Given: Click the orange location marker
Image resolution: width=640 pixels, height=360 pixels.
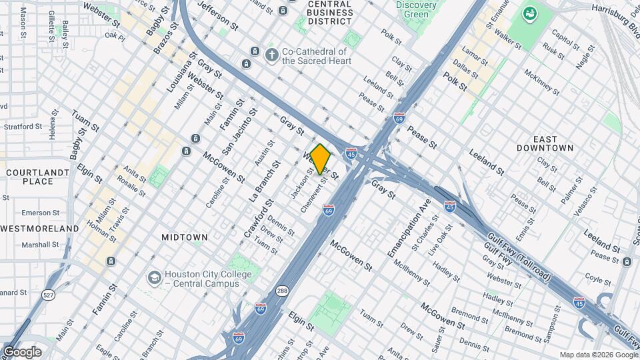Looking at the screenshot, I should pos(320,159).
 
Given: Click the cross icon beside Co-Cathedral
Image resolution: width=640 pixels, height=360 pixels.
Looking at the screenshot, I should pos(271,55).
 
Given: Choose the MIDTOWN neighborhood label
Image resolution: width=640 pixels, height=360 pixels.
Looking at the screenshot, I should pos(185,237).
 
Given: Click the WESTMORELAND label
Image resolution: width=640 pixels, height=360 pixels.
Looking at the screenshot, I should pos(39,229).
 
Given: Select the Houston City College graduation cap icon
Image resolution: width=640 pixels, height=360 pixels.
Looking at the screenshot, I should pos(155,277).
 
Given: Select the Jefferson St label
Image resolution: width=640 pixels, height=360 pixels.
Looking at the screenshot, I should pos(217,15).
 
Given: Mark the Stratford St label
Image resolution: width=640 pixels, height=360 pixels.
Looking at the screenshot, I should pos(23,126).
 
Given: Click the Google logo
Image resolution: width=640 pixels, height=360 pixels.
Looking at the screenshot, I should pos(22,352).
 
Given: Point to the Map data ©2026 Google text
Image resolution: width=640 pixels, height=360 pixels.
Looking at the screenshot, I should pos(597,355).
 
